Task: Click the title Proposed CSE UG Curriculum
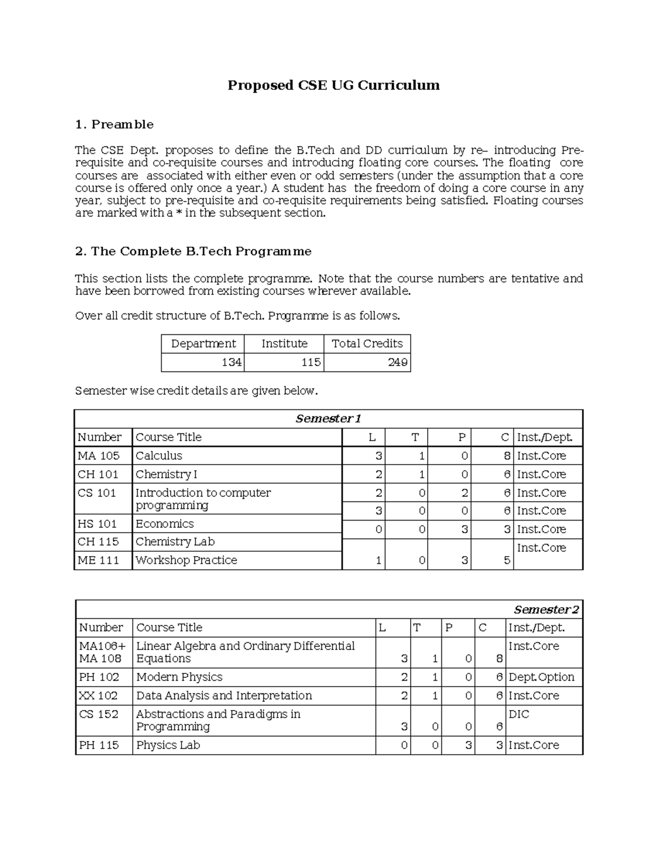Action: tap(333, 85)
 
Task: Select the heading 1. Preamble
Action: tap(114, 124)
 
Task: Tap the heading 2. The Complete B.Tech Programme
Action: tap(193, 252)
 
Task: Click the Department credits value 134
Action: tap(231, 363)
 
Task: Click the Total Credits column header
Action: tap(367, 344)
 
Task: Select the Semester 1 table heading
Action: tap(328, 419)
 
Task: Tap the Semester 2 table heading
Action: tap(546, 610)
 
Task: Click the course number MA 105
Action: tap(99, 456)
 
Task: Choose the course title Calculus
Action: tap(158, 456)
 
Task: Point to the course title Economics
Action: tap(164, 524)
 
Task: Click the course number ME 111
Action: tap(99, 561)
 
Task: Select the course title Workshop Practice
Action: tap(186, 561)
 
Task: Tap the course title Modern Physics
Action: tap(179, 677)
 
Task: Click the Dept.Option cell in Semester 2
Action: tap(541, 677)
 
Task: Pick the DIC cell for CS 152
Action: tap(519, 715)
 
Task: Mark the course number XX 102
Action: tap(99, 696)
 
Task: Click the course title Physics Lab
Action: tap(168, 745)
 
